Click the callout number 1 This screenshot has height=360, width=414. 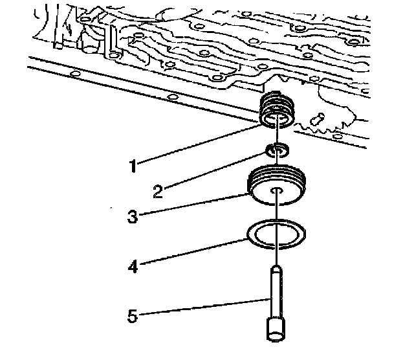click(x=133, y=166)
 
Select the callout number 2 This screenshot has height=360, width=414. click(x=158, y=192)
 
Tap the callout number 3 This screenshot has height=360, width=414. click(x=133, y=216)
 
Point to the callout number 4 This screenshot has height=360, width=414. click(x=133, y=266)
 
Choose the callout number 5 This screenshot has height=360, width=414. click(x=133, y=316)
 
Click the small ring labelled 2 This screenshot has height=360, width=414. click(x=278, y=151)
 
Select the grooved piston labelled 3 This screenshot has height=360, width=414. click(x=277, y=185)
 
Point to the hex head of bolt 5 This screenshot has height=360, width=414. click(x=276, y=330)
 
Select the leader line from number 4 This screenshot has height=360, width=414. click(x=194, y=251)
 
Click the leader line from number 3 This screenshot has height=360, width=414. click(x=194, y=205)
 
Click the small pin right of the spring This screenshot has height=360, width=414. click(x=317, y=119)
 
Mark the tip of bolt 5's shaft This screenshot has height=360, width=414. click(x=276, y=267)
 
